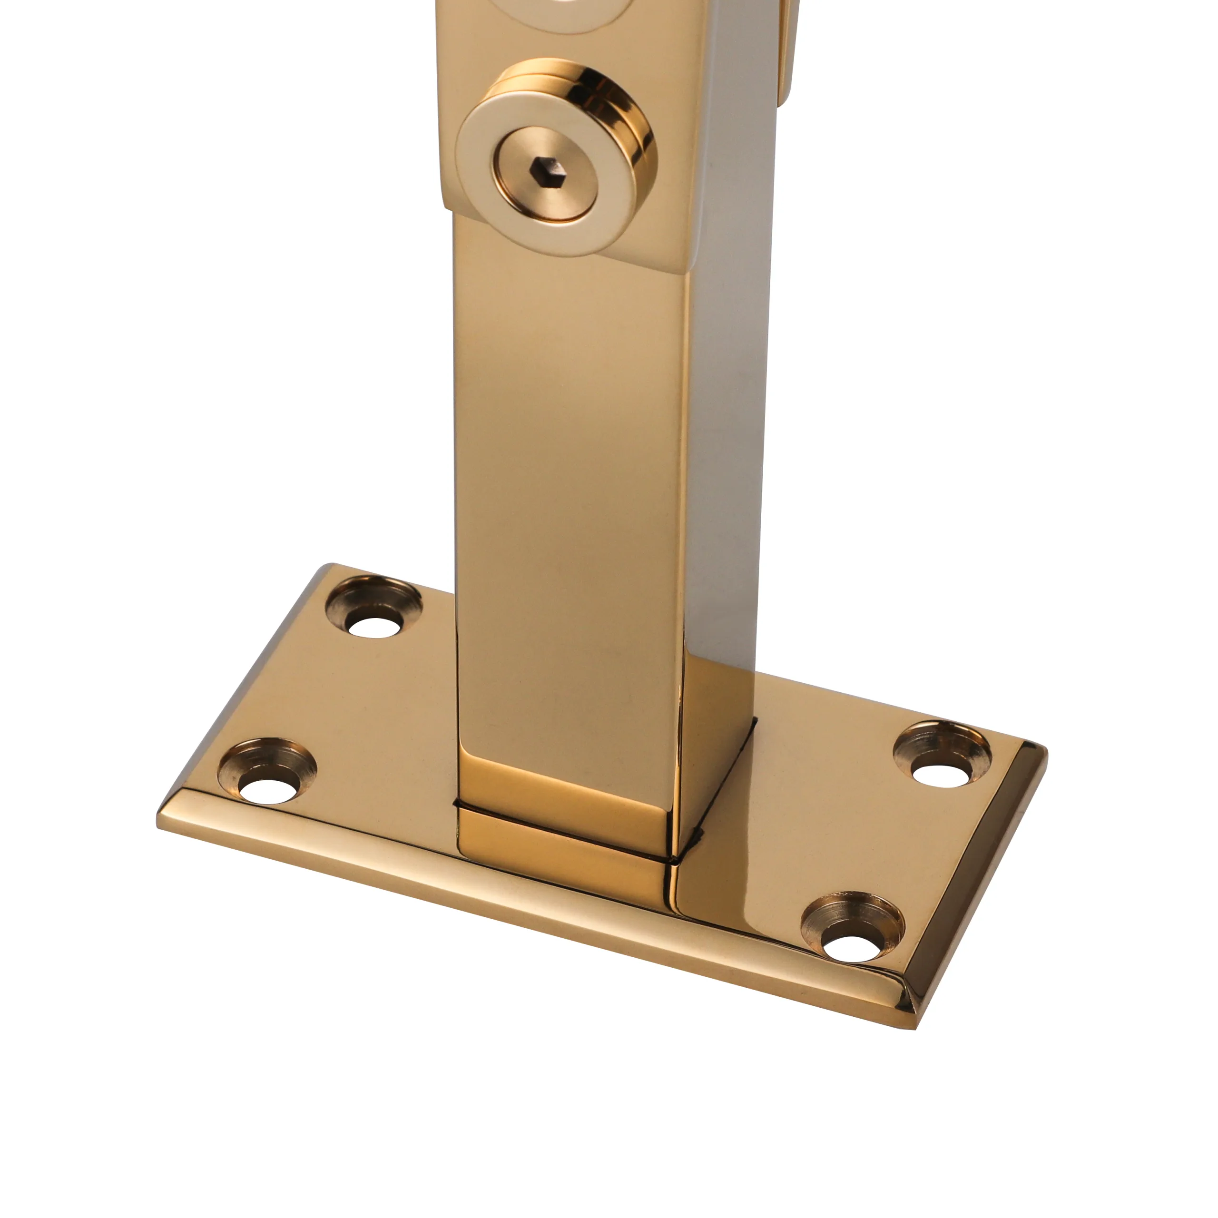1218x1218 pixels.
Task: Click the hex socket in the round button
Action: click(x=545, y=168)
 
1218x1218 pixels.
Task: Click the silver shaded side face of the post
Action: click(x=725, y=442)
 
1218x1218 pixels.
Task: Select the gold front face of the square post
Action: click(x=568, y=473)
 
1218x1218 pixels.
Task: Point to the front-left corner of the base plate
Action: click(x=160, y=820)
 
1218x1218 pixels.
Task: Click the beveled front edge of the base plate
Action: click(x=504, y=908)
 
